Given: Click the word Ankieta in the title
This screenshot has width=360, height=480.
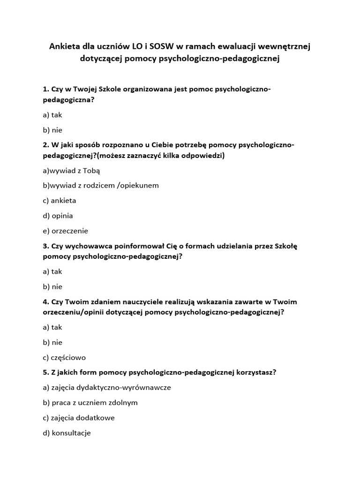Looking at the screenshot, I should pos(66,46).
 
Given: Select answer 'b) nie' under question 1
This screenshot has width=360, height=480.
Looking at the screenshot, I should pos(52,130).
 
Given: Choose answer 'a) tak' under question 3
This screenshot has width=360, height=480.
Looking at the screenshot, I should pos(52,271).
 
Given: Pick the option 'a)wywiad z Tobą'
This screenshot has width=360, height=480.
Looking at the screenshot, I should pos(71,170).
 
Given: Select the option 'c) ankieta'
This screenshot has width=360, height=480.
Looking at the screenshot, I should pos(59,200).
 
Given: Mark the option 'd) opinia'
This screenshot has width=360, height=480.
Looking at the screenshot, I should pos(58,216).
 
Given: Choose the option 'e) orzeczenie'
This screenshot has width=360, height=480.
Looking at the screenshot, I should pos(65,231).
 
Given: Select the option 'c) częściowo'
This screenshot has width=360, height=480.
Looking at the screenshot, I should pos(64,357).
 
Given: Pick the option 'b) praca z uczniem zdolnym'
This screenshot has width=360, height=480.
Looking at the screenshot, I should pos(90,403).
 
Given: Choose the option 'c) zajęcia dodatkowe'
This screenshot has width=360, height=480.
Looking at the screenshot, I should pos(78,418).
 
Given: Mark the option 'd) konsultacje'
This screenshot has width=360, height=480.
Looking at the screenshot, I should pos(67,433).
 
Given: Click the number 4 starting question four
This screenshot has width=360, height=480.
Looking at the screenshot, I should pos(45,301).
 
